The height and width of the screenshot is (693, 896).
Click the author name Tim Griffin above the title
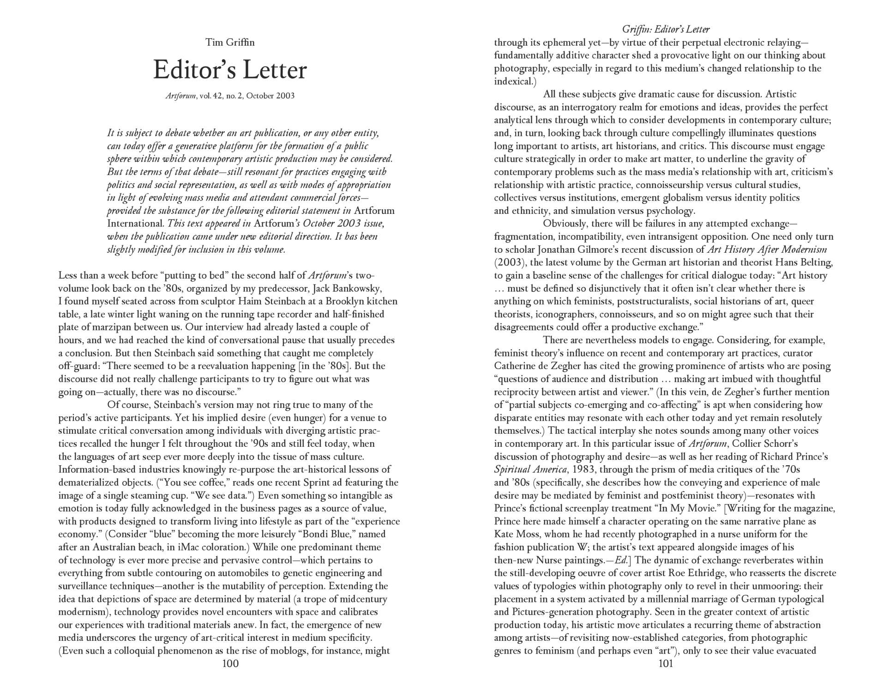click(x=230, y=43)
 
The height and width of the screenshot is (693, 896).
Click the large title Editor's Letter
click(x=230, y=70)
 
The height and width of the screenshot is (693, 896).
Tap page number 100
click(x=230, y=664)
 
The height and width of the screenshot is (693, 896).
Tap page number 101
click(x=665, y=664)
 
